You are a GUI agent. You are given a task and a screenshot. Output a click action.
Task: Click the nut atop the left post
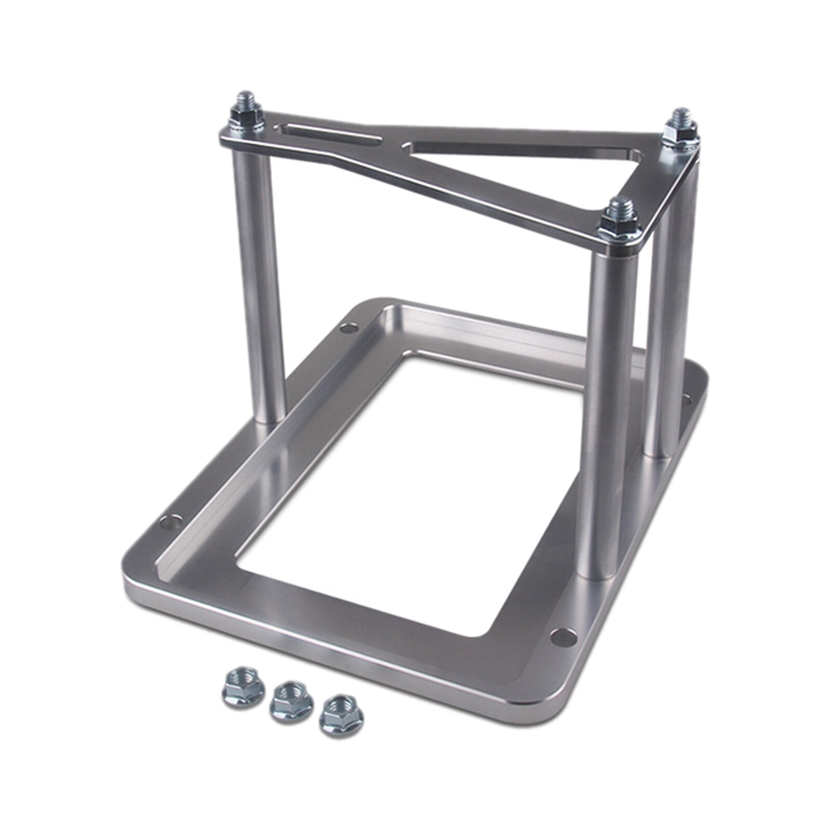[244, 120]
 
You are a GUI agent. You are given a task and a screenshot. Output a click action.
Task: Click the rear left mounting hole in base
[346, 328]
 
